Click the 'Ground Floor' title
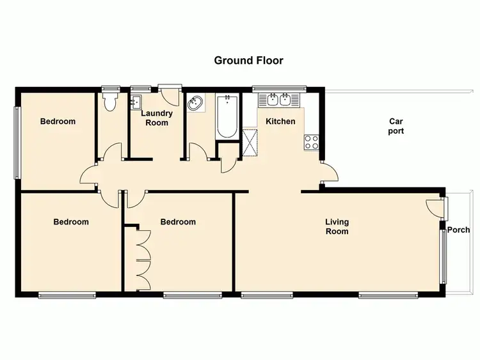point(248,61)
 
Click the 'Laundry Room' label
point(157,118)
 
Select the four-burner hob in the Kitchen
point(312,142)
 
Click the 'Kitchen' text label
point(280,121)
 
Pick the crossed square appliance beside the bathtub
point(250,142)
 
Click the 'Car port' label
point(396,126)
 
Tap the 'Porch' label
point(458,230)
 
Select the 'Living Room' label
point(337,226)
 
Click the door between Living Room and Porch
point(435,207)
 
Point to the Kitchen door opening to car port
point(330,171)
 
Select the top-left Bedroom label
point(58,121)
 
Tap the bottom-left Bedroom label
point(70,222)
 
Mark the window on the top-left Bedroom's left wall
point(17,141)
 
